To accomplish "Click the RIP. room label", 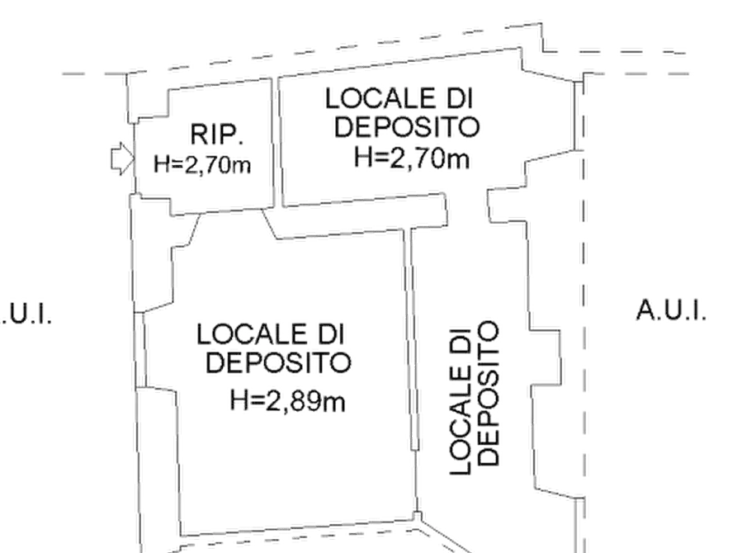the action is [x=217, y=135].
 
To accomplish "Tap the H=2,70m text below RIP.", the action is [x=202, y=165].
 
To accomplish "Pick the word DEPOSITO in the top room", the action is [x=407, y=127].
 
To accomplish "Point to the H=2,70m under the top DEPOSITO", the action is [x=411, y=158].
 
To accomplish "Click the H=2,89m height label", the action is [x=287, y=401].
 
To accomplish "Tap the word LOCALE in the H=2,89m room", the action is [x=252, y=335].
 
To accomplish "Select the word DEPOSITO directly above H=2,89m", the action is [x=278, y=363].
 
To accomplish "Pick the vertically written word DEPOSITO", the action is [x=488, y=393].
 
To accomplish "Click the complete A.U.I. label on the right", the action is [x=671, y=311].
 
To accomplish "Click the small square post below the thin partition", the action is [x=417, y=517].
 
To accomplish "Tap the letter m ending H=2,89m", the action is [x=336, y=404].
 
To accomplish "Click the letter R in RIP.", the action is [x=199, y=135].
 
